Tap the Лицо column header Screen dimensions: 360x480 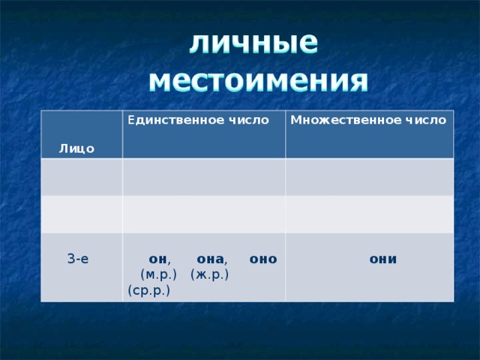click(x=76, y=148)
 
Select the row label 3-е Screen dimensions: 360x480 click(x=78, y=259)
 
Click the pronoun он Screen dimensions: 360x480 click(x=158, y=259)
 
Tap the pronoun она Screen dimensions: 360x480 click(x=208, y=259)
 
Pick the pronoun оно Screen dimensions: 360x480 click(x=263, y=259)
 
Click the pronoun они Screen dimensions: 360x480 click(x=382, y=259)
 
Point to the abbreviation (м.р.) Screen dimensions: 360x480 click(x=157, y=274)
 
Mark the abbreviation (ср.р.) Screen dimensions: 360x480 click(x=148, y=289)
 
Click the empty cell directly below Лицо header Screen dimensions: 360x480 click(x=82, y=176)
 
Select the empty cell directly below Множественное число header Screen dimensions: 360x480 click(x=369, y=176)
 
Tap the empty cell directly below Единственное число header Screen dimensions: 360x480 click(x=204, y=176)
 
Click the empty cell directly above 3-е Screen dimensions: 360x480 click(x=82, y=213)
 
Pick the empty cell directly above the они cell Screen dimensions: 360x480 click(x=369, y=213)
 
